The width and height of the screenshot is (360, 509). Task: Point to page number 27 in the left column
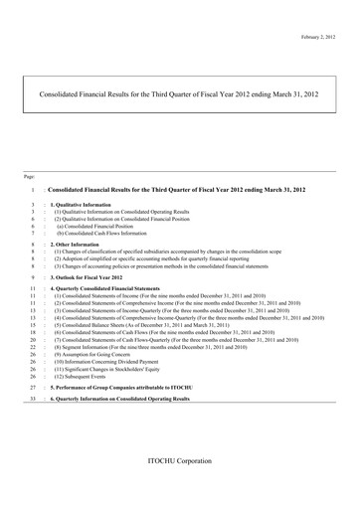[33, 388]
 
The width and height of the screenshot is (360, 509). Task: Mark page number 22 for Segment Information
[33, 341]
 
